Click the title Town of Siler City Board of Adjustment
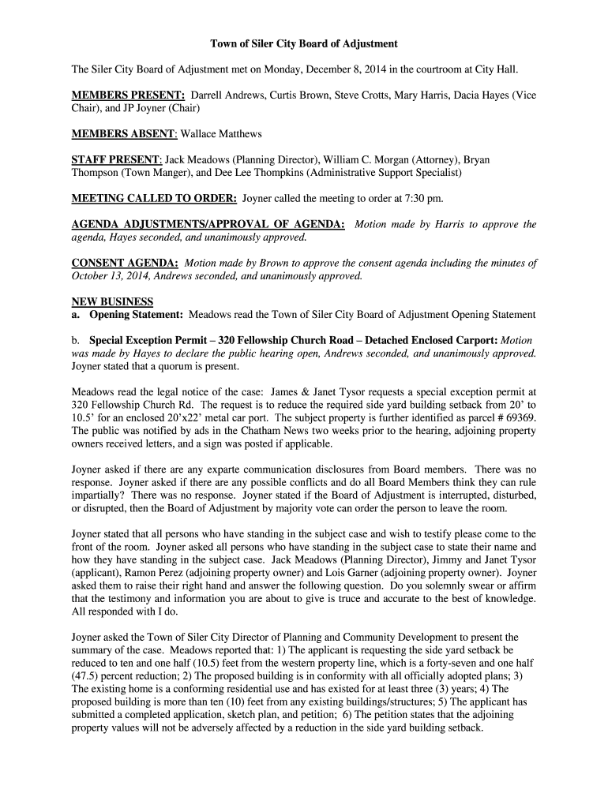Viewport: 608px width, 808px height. (x=304, y=43)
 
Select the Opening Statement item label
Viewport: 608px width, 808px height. (x=136, y=314)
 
